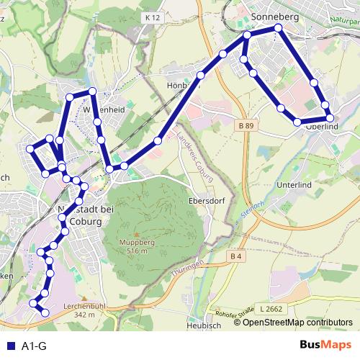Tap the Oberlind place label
tap(322, 127)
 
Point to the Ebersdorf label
tap(204, 201)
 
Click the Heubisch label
tap(202, 325)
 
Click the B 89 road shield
tap(246, 125)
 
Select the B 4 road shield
tap(235, 256)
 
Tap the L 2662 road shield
tap(271, 309)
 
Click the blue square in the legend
tap(9, 346)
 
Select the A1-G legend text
tap(34, 346)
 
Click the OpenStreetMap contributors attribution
tap(297, 323)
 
